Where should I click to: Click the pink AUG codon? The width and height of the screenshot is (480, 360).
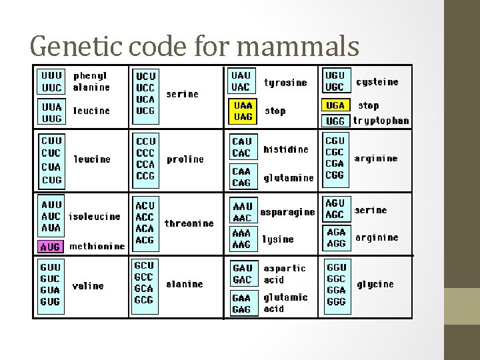(x=50, y=247)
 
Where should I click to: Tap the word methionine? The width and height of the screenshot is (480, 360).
(x=97, y=247)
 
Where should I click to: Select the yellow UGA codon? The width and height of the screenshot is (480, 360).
(x=335, y=105)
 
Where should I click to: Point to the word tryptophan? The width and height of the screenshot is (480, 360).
(x=381, y=121)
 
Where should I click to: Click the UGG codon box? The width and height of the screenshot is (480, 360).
(x=335, y=121)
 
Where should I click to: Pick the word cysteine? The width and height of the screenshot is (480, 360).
(x=377, y=82)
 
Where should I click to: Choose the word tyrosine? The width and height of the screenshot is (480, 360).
(x=285, y=83)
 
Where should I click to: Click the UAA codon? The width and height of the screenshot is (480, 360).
(x=242, y=105)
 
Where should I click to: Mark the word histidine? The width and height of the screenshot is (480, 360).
(x=286, y=149)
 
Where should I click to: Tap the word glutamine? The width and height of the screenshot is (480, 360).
(x=289, y=178)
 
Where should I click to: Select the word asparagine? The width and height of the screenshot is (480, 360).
(x=287, y=212)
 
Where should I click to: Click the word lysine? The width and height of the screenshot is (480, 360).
(x=278, y=239)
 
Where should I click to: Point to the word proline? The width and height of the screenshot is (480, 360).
(x=185, y=159)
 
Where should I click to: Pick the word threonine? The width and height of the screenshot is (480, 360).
(x=189, y=223)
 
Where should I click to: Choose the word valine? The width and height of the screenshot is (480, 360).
(x=88, y=285)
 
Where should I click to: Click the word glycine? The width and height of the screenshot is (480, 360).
(x=375, y=284)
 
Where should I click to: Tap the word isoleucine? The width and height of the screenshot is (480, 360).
(x=95, y=217)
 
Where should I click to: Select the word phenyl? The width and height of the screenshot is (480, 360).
(x=90, y=76)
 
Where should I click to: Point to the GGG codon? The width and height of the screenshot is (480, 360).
(x=336, y=301)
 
